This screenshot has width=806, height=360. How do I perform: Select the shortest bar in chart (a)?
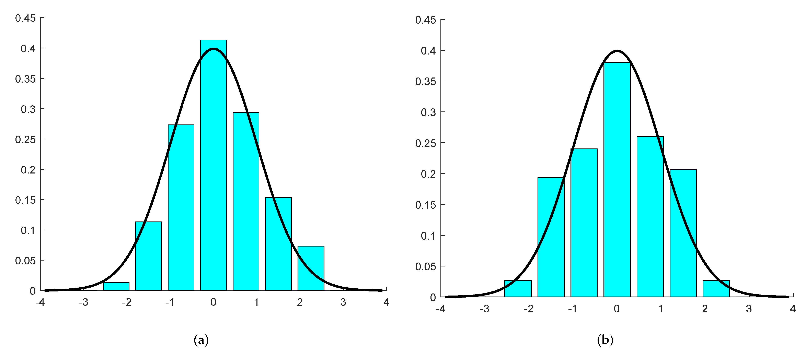[x=116, y=287]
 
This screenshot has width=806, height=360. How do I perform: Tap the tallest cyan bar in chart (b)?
[x=617, y=180]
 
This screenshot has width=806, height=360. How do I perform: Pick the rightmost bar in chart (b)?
[x=716, y=289]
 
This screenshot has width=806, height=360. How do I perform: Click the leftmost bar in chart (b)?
[x=518, y=289]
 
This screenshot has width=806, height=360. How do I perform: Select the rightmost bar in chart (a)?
[x=311, y=268]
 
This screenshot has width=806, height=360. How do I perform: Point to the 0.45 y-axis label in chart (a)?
[x=25, y=18]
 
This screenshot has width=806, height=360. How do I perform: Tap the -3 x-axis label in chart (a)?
[x=83, y=302]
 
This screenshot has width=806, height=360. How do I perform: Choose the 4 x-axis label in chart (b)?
[x=793, y=309]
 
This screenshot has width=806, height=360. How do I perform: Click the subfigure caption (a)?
[x=201, y=340]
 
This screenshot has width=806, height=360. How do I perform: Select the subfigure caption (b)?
[x=605, y=340]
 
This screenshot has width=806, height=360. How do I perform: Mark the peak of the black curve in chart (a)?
[x=213, y=49]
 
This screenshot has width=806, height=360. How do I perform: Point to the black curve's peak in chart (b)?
[x=617, y=51]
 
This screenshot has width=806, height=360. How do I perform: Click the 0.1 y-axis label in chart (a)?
[x=28, y=230]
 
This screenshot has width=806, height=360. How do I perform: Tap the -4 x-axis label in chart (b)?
[x=440, y=309]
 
